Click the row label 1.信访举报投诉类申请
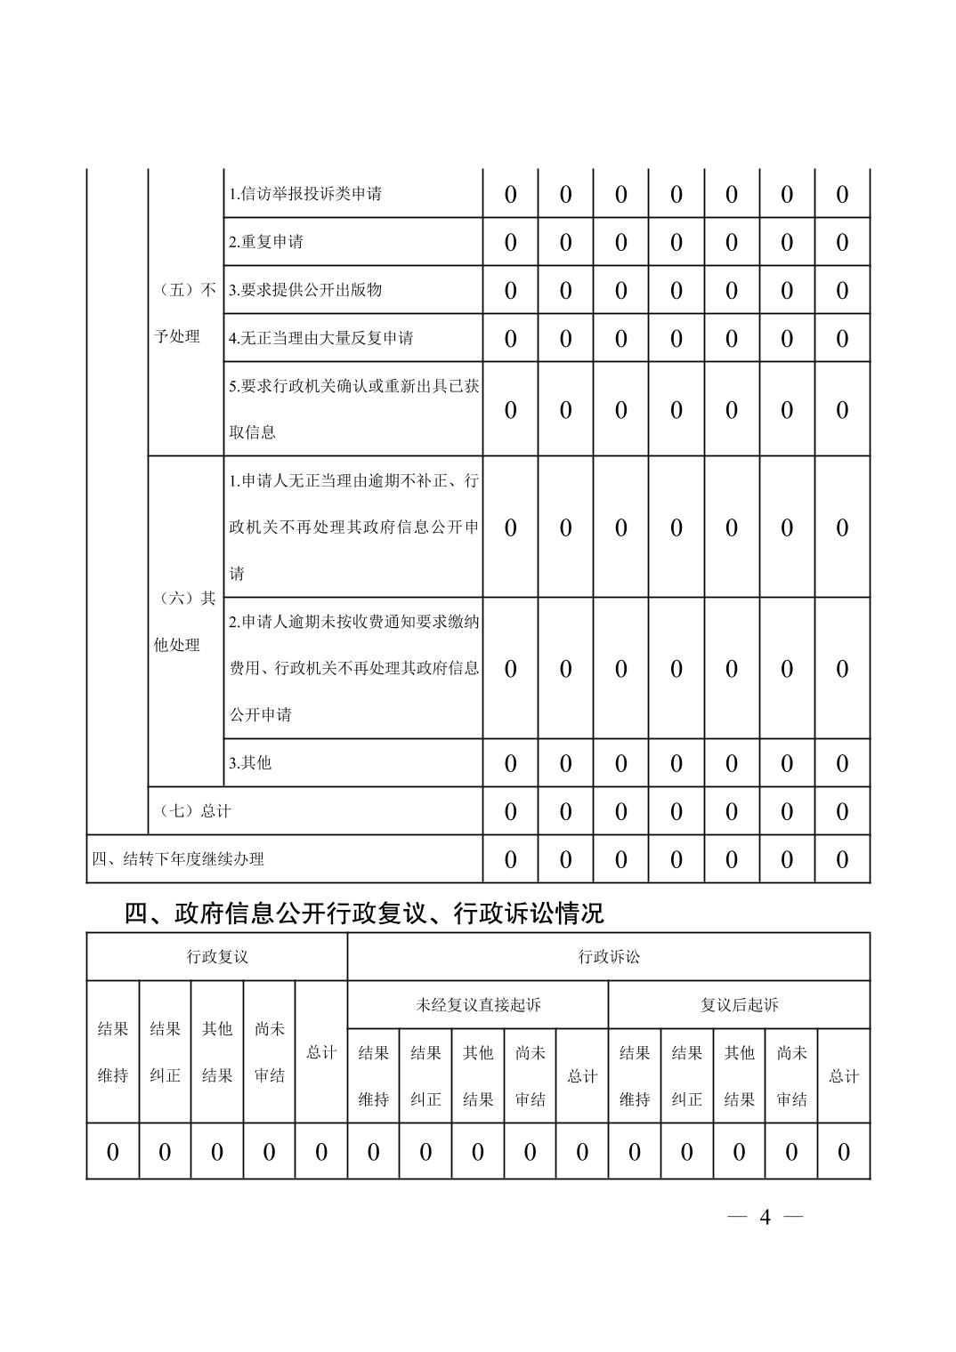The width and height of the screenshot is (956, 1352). [x=305, y=194]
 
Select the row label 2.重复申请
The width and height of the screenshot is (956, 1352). [x=266, y=242]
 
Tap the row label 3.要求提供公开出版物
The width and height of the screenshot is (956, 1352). [x=305, y=290]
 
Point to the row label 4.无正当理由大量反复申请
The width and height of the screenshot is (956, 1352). [x=320, y=338]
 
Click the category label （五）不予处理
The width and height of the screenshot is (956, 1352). [x=185, y=313]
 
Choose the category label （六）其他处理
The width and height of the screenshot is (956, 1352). [x=185, y=621]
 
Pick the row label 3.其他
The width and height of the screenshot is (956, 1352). [x=250, y=762]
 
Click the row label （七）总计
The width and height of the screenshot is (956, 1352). [x=194, y=811]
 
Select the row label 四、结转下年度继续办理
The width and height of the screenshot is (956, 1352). [x=178, y=859]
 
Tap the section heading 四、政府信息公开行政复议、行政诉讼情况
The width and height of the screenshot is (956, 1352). [x=363, y=913]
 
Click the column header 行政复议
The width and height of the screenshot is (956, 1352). [x=216, y=957]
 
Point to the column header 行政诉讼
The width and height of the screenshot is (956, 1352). [x=609, y=957]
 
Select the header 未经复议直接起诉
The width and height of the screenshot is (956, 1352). [x=478, y=1005]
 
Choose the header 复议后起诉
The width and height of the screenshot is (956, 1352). [x=739, y=1005]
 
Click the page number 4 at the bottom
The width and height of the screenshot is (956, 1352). [x=765, y=1217]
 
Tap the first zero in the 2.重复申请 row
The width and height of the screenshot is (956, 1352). [x=510, y=243]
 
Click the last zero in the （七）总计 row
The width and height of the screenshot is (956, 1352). [x=842, y=812]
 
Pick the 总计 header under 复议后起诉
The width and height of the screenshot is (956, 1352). [x=844, y=1076]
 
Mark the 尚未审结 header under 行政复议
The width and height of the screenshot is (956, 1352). [x=269, y=1052]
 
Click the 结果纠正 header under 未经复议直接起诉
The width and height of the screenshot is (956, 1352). [x=425, y=1076]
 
